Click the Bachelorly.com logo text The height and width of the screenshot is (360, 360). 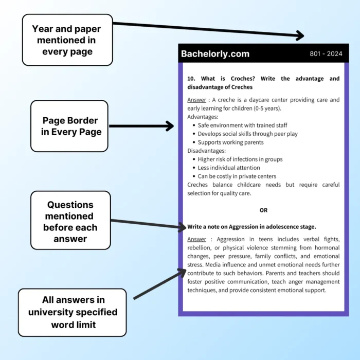pyautogui.click(x=215, y=53)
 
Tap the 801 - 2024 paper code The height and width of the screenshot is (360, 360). pyautogui.click(x=326, y=53)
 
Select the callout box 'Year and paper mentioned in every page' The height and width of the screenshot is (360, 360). pyautogui.click(x=67, y=40)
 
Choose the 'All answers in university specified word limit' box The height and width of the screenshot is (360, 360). pyautogui.click(x=73, y=312)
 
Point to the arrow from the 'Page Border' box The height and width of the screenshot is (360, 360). pyautogui.click(x=141, y=126)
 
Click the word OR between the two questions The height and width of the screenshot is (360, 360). pyautogui.click(x=263, y=210)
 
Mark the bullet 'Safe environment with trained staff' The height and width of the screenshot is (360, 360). pyautogui.click(x=242, y=125)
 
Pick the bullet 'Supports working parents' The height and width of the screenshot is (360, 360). pyautogui.click(x=230, y=142)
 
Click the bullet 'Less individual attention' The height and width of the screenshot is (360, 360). pyautogui.click(x=229, y=168)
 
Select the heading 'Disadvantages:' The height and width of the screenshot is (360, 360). pyautogui.click(x=206, y=151)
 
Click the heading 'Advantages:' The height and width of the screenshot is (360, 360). pyautogui.click(x=203, y=117)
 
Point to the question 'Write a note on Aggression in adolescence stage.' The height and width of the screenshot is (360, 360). pyautogui.click(x=251, y=226)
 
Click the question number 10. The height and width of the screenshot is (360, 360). pyautogui.click(x=191, y=79)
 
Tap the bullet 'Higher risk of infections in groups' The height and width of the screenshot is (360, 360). pyautogui.click(x=240, y=159)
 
